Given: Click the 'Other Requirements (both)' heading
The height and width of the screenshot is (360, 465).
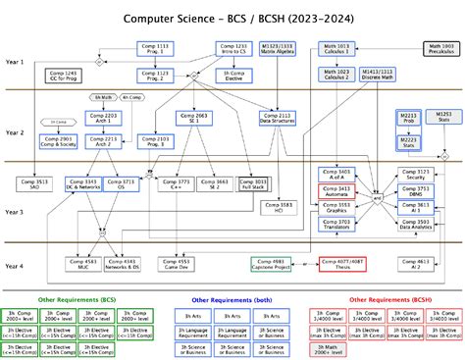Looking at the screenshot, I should [232, 299].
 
